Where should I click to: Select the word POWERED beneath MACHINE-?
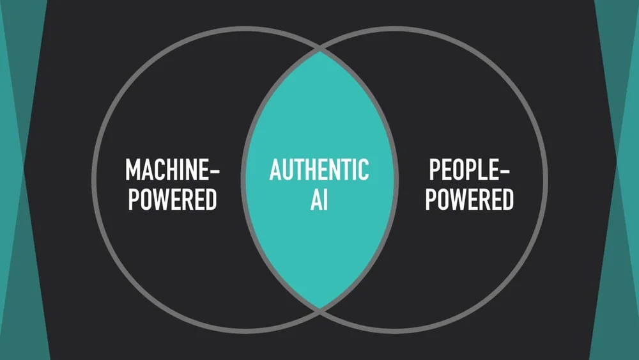172,200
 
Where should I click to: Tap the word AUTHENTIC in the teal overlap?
319,171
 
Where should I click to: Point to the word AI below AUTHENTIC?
319,200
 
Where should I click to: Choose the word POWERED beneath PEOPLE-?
469,200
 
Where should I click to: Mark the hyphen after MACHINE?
214,172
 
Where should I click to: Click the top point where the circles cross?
319,50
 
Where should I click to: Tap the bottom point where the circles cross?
319,309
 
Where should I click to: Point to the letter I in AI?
326,200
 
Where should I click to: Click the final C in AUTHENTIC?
363,171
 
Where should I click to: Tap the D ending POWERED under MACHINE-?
210,200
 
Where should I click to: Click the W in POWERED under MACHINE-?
162,200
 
